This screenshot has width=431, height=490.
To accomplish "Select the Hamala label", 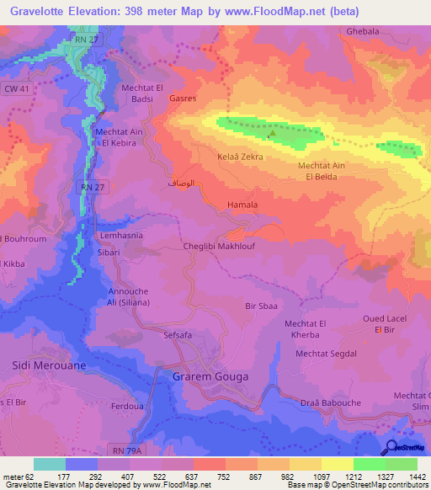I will click(x=242, y=205).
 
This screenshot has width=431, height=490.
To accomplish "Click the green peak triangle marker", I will click(x=270, y=132).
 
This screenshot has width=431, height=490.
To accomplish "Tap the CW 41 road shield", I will click(x=14, y=88).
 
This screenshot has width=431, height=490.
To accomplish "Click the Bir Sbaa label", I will click(x=261, y=306).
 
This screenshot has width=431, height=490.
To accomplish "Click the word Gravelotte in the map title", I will click(x=40, y=12).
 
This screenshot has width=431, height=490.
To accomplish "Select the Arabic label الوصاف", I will click(x=184, y=183).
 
